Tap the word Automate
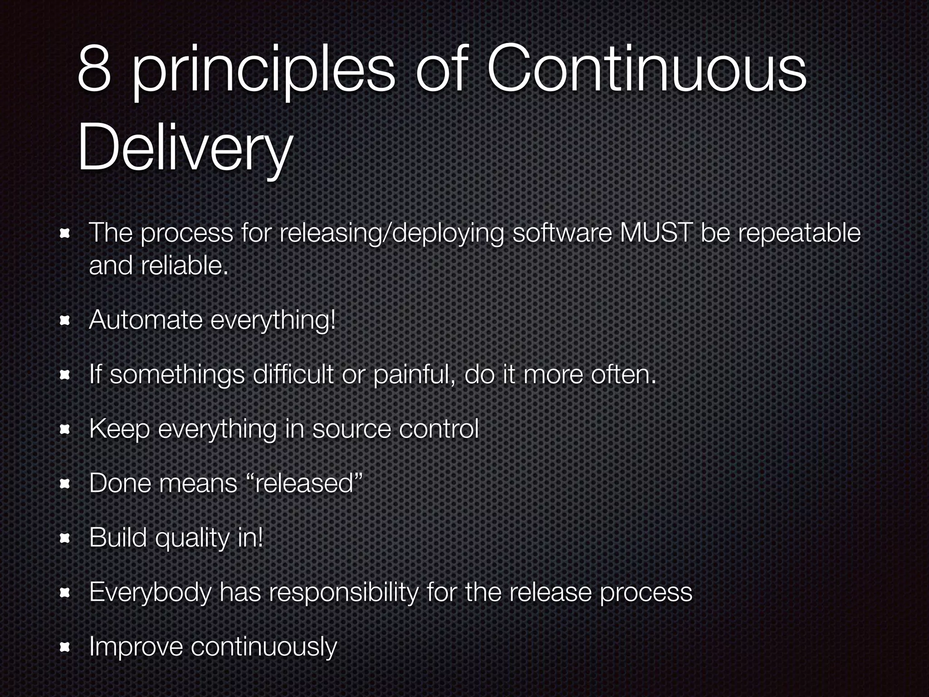[x=146, y=320]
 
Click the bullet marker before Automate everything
[x=64, y=321]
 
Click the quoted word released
[x=304, y=483]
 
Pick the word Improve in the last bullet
[x=136, y=647]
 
